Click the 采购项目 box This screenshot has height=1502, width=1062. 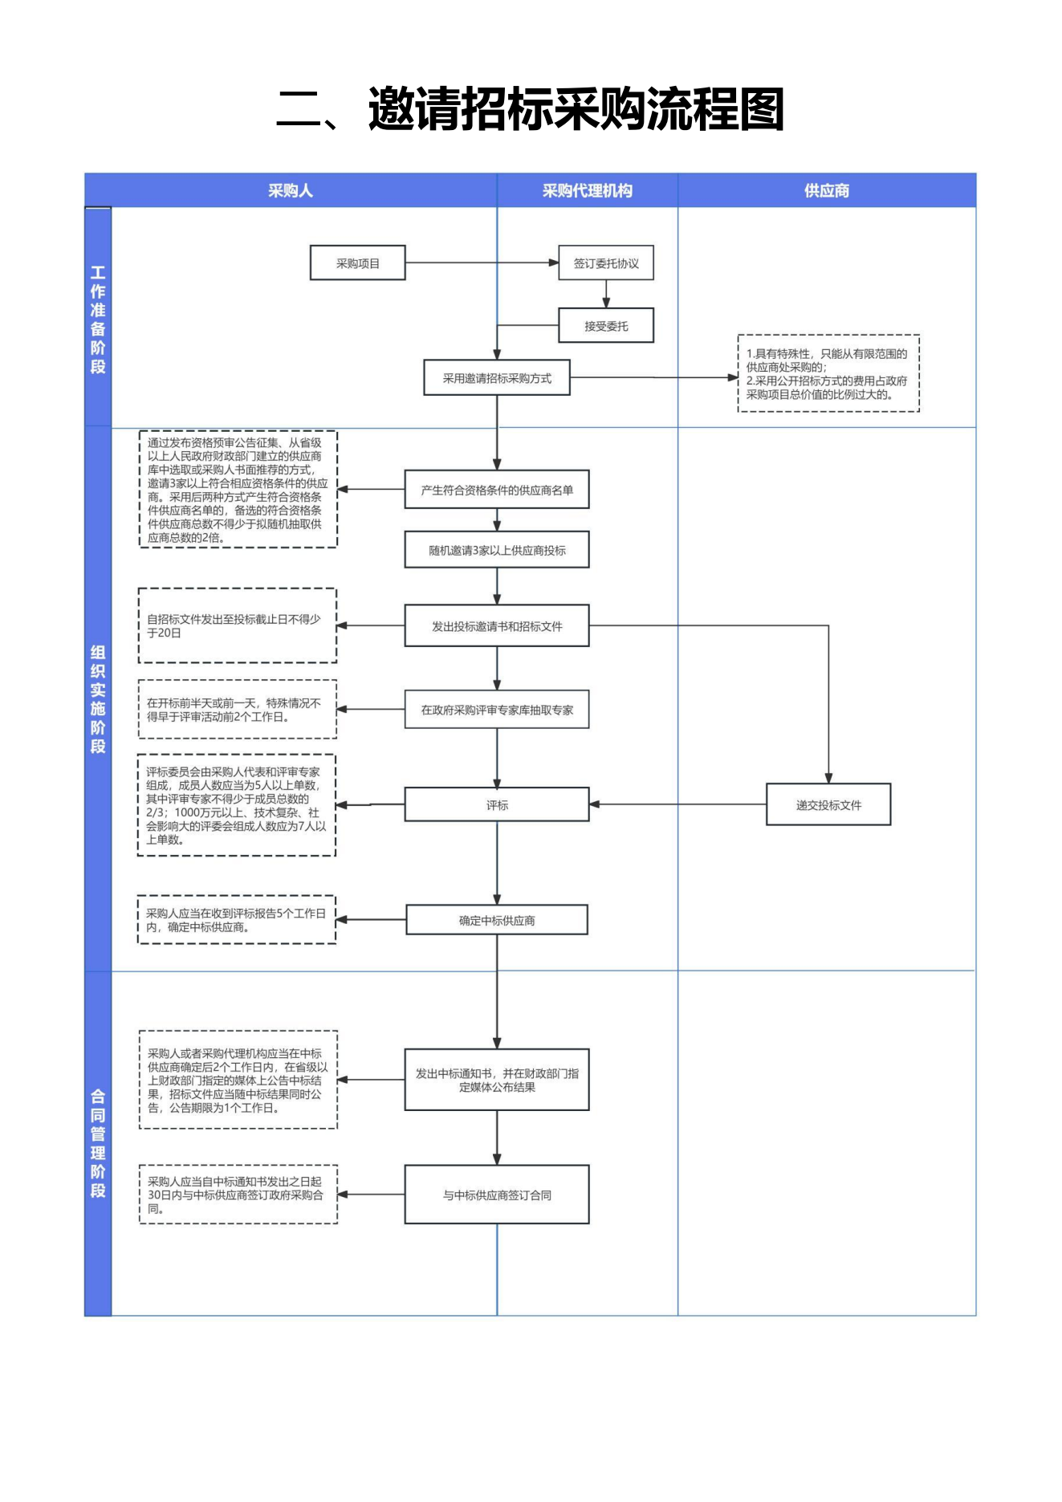tap(357, 263)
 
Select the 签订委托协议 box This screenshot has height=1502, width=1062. tap(606, 263)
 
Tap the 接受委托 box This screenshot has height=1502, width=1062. tap(606, 325)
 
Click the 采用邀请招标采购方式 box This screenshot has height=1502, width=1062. tap(497, 377)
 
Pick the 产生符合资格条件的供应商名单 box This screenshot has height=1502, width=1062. tap(497, 489)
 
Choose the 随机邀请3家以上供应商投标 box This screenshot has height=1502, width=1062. tap(497, 550)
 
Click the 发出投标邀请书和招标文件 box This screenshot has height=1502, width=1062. tap(497, 625)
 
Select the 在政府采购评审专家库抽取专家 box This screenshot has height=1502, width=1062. tap(497, 710)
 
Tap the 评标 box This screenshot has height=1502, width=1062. tap(497, 804)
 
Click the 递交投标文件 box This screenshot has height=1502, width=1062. tap(828, 804)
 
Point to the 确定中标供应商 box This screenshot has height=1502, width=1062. tap(497, 920)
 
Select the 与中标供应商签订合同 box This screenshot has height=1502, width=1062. tap(497, 1195)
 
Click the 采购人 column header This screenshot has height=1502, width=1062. tap(291, 190)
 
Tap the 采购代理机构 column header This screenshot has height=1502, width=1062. tap(588, 190)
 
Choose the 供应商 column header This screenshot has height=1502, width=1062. tap(827, 190)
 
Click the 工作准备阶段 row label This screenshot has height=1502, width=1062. tap(98, 319)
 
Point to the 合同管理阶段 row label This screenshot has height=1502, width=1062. tap(98, 1143)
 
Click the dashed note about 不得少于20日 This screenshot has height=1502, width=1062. tap(237, 625)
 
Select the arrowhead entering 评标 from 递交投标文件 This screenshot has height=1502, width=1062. tap(595, 804)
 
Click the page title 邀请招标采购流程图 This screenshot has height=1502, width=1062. tap(576, 109)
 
